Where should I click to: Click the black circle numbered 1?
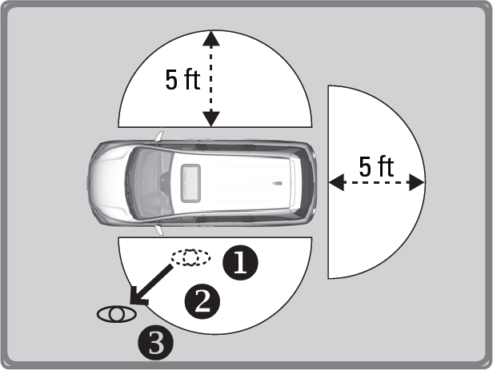click(x=240, y=263)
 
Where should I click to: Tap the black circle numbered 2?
click(x=202, y=302)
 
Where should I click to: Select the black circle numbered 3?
click(x=155, y=342)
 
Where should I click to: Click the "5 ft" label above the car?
click(x=182, y=80)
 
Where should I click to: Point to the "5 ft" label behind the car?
click(x=376, y=166)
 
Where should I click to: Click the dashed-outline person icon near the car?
click(x=190, y=257)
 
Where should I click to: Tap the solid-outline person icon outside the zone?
click(x=117, y=314)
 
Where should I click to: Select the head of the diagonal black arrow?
click(x=138, y=296)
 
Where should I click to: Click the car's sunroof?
click(x=190, y=183)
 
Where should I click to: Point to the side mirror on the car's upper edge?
click(x=160, y=137)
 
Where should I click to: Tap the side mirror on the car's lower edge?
click(x=160, y=230)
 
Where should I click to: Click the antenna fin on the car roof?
click(x=277, y=183)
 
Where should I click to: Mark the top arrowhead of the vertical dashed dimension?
click(x=211, y=38)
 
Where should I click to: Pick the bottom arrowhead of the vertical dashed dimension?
click(x=211, y=118)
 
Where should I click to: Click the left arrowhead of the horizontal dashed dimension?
click(x=337, y=182)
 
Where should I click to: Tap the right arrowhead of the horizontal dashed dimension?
click(x=417, y=182)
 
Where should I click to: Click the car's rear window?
click(x=303, y=183)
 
